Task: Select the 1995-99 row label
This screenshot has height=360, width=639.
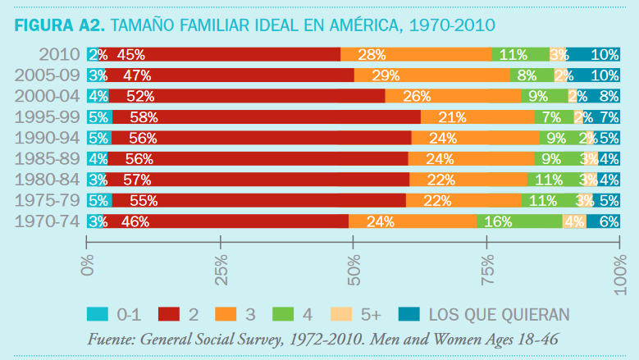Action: point(48,116)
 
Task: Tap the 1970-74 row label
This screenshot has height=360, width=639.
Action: point(48,221)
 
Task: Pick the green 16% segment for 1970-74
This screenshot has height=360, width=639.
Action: point(519,221)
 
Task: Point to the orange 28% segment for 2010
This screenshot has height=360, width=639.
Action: point(416,55)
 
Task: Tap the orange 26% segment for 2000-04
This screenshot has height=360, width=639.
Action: point(453,96)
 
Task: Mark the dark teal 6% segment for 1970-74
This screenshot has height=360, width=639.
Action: point(603,221)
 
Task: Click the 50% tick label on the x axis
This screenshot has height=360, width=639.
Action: point(353,267)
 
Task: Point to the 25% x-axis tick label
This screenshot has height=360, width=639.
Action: point(220,267)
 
